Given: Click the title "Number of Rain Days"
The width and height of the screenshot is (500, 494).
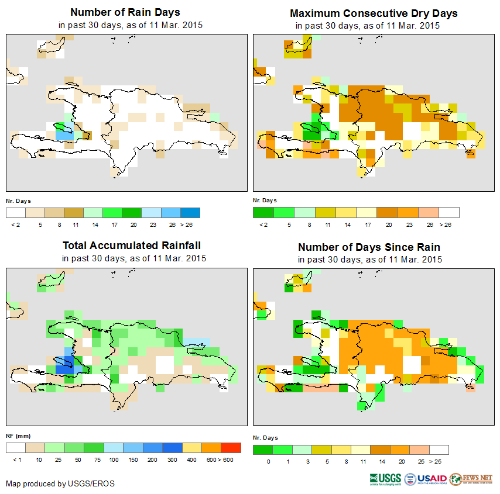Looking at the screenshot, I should point(125,12).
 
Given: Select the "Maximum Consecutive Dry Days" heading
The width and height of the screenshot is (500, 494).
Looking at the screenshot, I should point(374,13).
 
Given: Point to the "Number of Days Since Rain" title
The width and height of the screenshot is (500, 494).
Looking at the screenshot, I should point(369,247).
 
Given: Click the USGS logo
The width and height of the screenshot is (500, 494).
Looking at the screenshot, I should point(385,479).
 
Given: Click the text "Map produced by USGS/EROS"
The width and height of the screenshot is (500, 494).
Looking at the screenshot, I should point(60,483).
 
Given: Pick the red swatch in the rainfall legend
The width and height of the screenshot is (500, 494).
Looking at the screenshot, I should point(231,448).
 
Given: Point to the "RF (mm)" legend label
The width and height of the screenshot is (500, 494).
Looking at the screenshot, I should point(14,436).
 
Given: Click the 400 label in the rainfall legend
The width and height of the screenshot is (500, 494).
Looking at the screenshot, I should point(192,460).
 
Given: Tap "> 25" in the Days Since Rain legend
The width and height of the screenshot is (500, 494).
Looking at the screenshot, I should point(439,461).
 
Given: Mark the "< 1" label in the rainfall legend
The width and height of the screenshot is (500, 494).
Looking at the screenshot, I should point(16,460).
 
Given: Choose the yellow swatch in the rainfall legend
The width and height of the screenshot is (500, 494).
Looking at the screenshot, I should point(192,448).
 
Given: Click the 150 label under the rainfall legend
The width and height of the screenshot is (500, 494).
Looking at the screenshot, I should point(133,460).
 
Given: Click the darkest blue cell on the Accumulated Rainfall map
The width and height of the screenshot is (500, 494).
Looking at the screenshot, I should point(61,369).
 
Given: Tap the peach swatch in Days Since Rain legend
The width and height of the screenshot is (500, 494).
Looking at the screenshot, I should point(420,450).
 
